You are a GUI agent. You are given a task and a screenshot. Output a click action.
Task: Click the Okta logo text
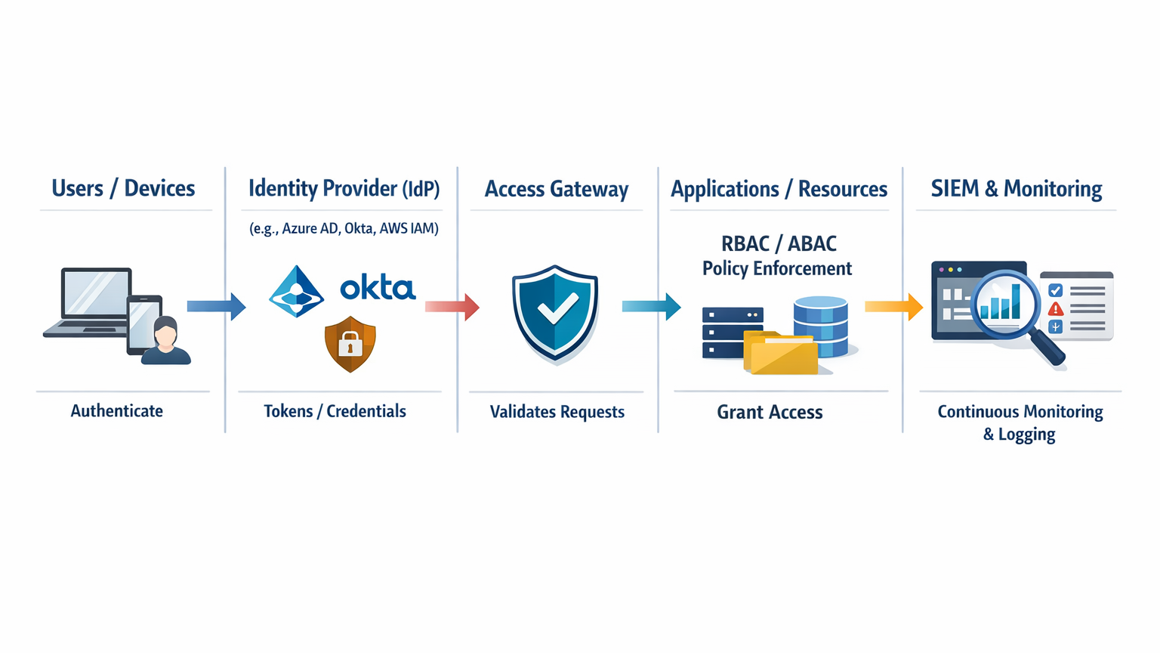tap(378, 288)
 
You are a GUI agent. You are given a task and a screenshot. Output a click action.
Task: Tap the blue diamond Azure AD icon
tap(297, 292)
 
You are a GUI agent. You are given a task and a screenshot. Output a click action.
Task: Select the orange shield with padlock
tap(350, 345)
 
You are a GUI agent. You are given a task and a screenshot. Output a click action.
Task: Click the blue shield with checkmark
tap(555, 311)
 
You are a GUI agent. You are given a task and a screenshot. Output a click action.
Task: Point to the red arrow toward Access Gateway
tap(452, 306)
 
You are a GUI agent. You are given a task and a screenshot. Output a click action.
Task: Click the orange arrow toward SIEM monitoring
tap(893, 306)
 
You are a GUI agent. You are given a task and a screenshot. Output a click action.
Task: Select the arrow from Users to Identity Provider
tap(216, 306)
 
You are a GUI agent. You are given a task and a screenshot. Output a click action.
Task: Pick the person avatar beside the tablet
tap(165, 342)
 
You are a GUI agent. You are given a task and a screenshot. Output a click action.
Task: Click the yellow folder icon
tap(782, 354)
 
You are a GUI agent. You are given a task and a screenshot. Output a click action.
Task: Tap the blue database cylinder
tap(822, 325)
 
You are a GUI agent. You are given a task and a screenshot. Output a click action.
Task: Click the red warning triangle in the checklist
tap(1056, 308)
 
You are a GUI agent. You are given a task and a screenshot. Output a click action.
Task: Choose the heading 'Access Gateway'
tap(556, 189)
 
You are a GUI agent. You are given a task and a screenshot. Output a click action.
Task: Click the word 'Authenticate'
tap(117, 411)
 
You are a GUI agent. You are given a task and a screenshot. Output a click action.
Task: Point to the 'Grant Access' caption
tap(770, 412)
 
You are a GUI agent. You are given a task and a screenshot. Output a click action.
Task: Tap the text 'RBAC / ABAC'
tap(779, 244)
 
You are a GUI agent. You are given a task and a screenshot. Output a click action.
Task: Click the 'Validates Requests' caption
tap(557, 412)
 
